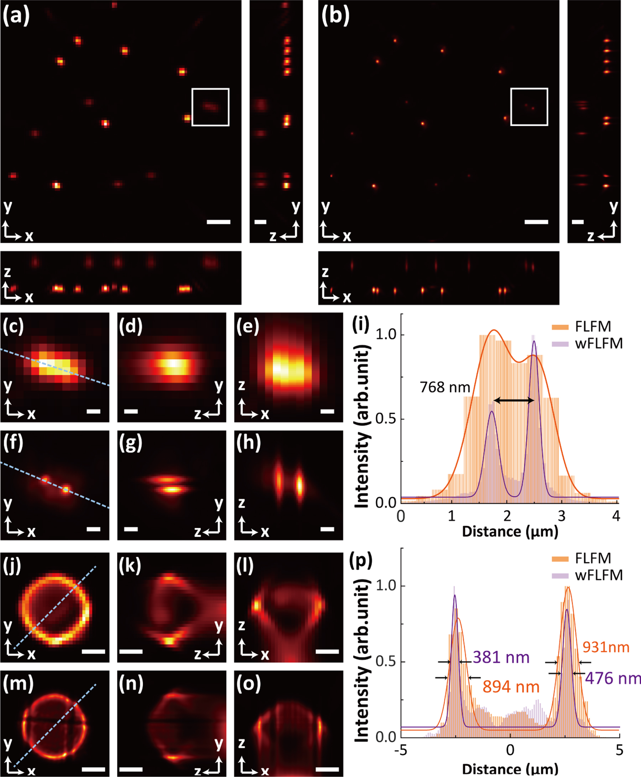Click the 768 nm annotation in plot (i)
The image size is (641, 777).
coord(444,387)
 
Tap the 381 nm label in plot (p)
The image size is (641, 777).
coord(501,657)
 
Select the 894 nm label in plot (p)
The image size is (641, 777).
coord(511,687)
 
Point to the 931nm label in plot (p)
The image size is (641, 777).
coord(606,647)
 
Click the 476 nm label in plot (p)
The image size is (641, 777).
coord(612,678)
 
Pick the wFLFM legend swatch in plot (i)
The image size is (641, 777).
coord(560,344)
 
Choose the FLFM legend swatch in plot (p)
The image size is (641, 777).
coord(560,559)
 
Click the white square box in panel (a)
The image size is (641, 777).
coord(210,107)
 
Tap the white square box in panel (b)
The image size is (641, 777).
coord(529,107)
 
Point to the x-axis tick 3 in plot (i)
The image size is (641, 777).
coord(561,516)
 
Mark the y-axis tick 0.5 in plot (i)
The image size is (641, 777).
coord(385,419)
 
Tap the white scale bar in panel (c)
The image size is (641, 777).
coord(93,411)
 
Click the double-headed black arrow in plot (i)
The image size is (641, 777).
coord(514,400)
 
